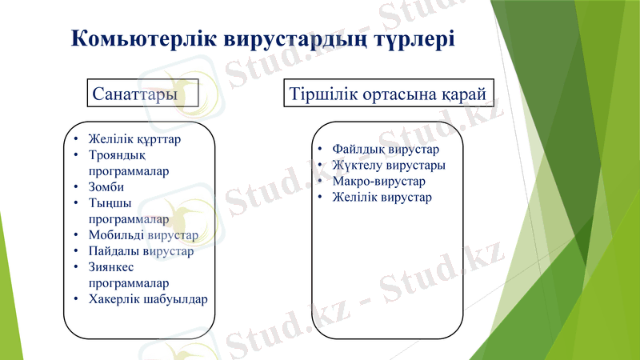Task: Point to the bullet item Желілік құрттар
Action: coord(134,138)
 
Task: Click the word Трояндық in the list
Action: coord(116,155)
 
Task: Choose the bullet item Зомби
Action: coord(106,187)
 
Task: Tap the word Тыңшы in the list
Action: coord(110,203)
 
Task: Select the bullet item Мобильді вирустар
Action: coord(143,235)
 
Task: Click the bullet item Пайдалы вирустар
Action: coord(141,251)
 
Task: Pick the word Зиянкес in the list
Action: coord(114,267)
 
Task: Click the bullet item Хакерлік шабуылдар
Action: coord(148,299)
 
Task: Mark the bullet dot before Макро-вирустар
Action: coord(318,182)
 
